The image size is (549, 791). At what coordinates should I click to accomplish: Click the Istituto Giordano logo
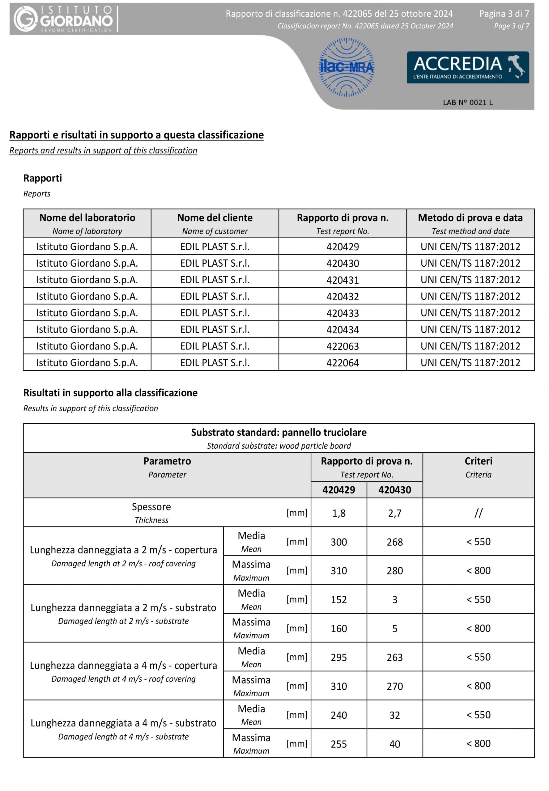[x=64, y=19]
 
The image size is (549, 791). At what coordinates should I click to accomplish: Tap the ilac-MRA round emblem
[x=347, y=67]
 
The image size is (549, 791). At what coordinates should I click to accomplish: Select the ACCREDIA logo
[x=467, y=67]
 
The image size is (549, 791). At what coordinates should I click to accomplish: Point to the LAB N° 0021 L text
[x=467, y=103]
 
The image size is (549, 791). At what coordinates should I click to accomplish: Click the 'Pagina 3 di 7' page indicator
[x=504, y=14]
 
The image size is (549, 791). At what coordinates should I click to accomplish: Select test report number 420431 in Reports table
[x=342, y=280]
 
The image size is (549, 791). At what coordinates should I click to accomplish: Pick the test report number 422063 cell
[x=342, y=346]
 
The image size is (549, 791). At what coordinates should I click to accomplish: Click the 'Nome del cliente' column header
[x=215, y=218]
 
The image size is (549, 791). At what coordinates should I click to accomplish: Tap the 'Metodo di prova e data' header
[x=470, y=218]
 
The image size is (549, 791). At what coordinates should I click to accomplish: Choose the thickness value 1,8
[x=338, y=513]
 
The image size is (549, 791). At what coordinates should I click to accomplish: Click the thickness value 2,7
[x=394, y=513]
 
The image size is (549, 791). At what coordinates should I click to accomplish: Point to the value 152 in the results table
[x=338, y=599]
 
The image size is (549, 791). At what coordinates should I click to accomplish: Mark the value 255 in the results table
[x=338, y=744]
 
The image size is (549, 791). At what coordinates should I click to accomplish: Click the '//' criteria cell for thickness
[x=478, y=513]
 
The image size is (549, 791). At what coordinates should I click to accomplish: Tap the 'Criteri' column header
[x=478, y=461]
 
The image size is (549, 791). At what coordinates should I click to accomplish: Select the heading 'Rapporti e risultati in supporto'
[x=136, y=135]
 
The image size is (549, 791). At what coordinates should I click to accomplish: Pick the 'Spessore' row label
[x=151, y=507]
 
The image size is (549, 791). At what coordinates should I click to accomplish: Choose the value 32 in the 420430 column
[x=394, y=715]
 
